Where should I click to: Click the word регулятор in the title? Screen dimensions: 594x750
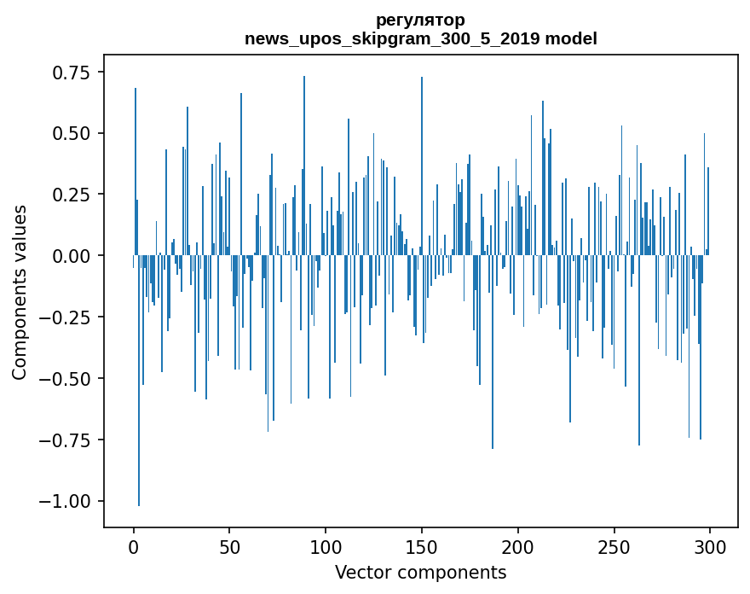(420, 20)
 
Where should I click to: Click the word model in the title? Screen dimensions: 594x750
(571, 38)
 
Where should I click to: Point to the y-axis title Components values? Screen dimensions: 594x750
(20, 292)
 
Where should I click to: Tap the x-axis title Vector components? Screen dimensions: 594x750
(420, 573)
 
